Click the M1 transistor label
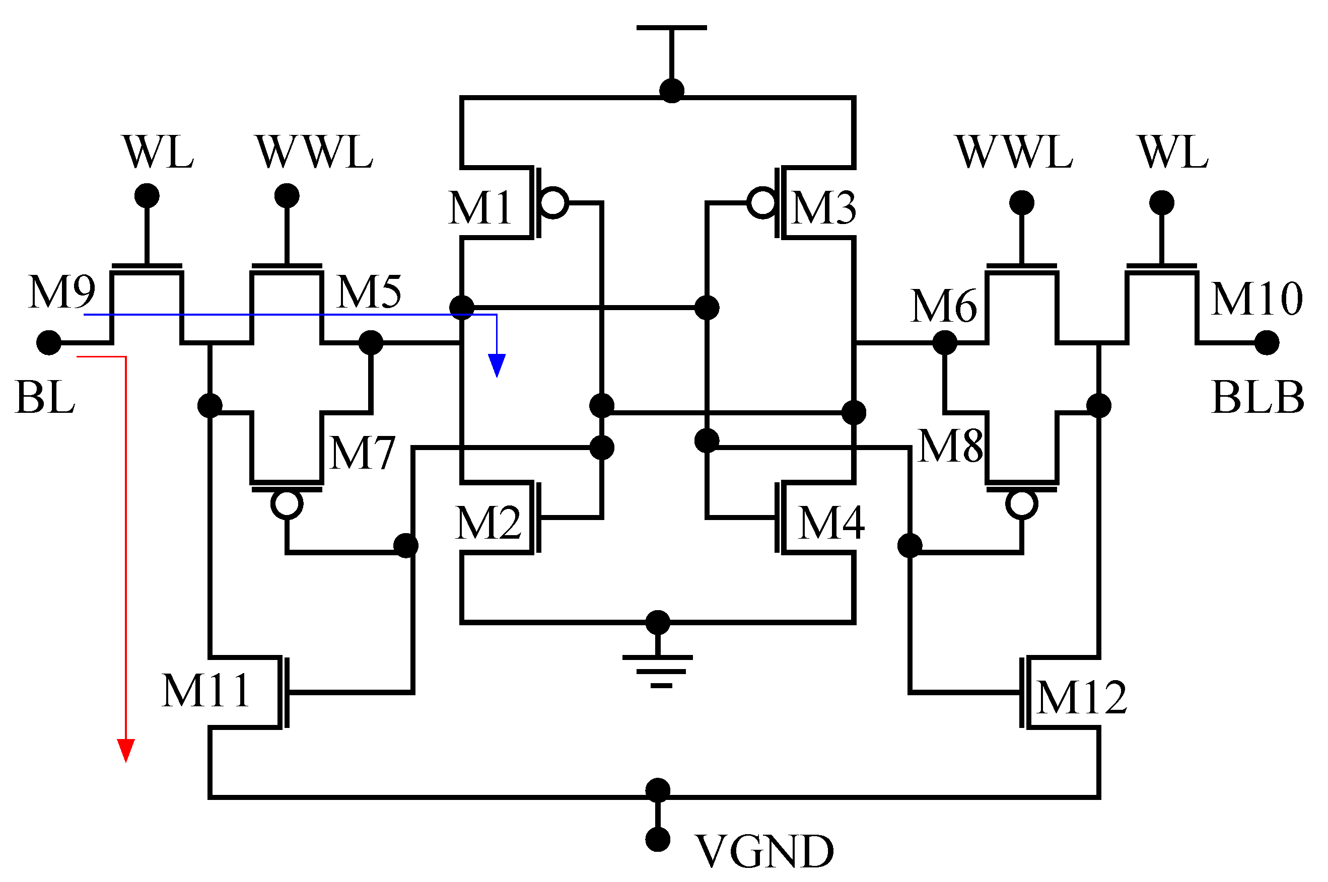tap(480, 208)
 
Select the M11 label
tap(206, 691)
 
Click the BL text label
tap(45, 398)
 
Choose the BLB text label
tap(1257, 398)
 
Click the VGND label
tap(764, 852)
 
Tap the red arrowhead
tap(125, 751)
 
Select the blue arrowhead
tap(497, 365)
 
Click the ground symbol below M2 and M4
tap(657, 671)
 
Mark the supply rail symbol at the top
tap(671, 28)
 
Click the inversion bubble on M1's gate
tap(552, 202)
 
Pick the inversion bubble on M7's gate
tap(287, 504)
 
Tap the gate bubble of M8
tap(1021, 504)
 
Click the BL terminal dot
tap(49, 342)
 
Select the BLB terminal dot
tap(1267, 342)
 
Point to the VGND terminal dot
tap(657, 839)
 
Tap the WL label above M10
tap(1173, 153)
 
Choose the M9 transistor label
tap(62, 292)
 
